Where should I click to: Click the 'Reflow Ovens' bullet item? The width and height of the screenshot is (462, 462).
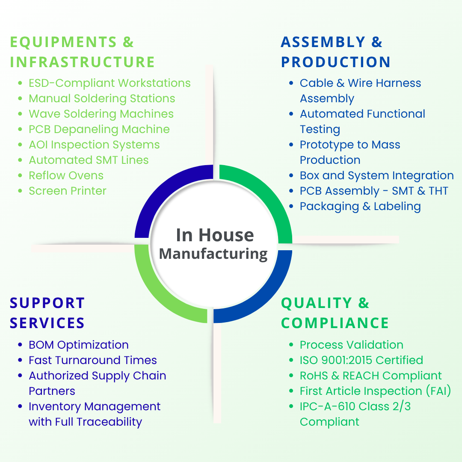click(x=66, y=175)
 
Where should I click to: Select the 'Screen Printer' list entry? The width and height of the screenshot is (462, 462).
click(x=67, y=191)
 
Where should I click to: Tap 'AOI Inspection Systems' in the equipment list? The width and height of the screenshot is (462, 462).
click(x=94, y=145)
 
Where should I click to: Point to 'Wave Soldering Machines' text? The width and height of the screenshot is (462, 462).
click(x=101, y=114)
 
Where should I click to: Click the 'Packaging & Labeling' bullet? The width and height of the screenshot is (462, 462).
click(x=360, y=206)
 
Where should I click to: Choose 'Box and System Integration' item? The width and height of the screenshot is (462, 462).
click(x=376, y=175)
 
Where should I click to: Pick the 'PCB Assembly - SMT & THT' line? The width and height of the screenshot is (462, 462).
click(x=374, y=191)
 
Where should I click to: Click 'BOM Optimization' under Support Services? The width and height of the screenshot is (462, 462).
click(x=78, y=345)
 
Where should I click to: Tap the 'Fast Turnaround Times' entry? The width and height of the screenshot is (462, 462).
click(x=92, y=360)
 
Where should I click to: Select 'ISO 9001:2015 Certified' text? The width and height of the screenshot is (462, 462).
click(x=361, y=360)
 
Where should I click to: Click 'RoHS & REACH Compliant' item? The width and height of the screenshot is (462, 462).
click(x=370, y=376)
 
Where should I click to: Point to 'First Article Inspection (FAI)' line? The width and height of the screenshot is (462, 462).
click(x=375, y=391)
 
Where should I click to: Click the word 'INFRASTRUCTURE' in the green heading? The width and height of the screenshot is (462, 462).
click(x=82, y=62)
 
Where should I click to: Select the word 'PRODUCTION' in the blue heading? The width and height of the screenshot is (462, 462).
click(x=335, y=62)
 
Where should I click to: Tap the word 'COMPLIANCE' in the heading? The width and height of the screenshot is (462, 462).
click(x=335, y=323)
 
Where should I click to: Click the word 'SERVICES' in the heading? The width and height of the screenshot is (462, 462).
click(x=47, y=323)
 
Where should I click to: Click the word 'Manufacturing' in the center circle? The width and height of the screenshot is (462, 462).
click(x=213, y=254)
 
